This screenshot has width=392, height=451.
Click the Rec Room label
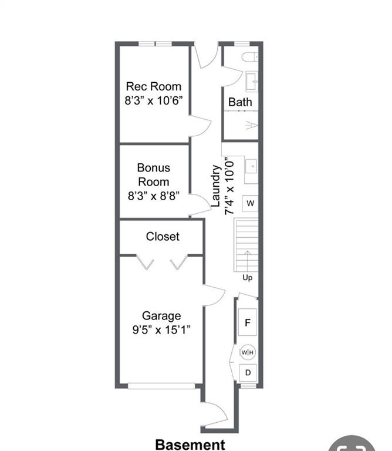154,86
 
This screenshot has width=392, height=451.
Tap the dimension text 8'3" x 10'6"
154,100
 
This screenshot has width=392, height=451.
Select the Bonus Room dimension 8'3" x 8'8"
154,196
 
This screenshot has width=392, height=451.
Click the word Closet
163,237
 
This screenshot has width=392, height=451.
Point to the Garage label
161,316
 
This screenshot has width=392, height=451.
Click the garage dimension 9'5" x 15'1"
161,329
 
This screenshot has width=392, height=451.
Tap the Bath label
240,102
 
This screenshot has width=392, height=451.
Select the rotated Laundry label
215,186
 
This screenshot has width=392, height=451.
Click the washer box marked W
250,203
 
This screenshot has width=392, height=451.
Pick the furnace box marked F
248,322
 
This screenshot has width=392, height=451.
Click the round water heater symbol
248,352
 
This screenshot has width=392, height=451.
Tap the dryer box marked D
248,373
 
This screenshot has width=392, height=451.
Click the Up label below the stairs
248,278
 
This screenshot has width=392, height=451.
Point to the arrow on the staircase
247,261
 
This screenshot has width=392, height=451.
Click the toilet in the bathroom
249,56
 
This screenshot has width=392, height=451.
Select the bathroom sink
252,82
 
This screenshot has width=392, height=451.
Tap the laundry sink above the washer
251,166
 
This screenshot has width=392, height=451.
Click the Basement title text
190,445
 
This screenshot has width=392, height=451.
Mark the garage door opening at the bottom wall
161,386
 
